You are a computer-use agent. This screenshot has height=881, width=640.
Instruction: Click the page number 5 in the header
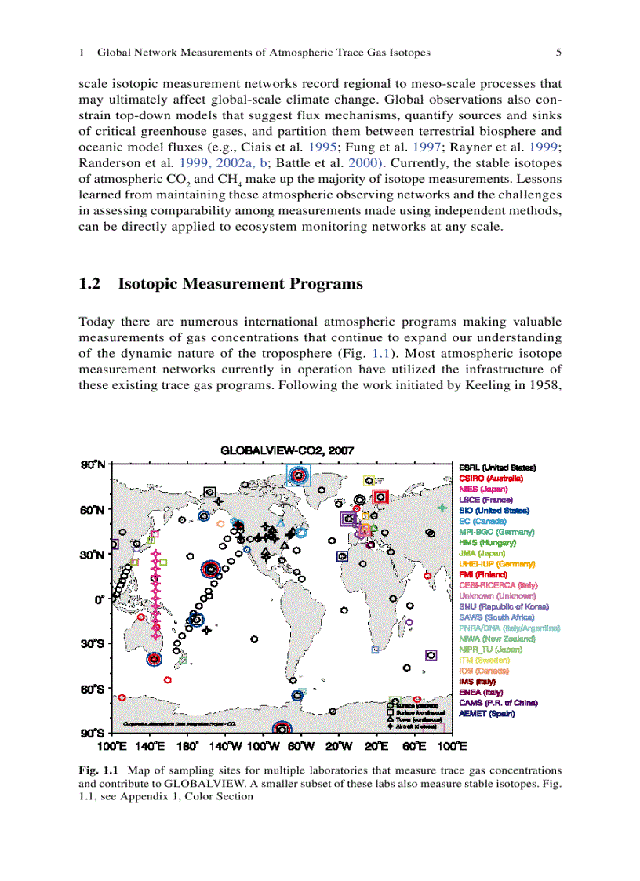click(x=558, y=53)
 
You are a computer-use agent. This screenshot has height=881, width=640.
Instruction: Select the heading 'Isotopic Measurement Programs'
click(x=240, y=284)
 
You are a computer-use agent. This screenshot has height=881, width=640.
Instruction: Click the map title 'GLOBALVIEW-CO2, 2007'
click(x=288, y=451)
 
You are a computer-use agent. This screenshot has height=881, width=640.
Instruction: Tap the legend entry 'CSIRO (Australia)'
click(x=491, y=478)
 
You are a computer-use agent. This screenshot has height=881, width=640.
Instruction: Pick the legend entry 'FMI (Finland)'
click(x=487, y=574)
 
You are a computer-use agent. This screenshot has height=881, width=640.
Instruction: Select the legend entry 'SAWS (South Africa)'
click(x=497, y=617)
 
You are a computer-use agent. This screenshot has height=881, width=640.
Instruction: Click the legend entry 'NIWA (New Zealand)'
click(x=496, y=639)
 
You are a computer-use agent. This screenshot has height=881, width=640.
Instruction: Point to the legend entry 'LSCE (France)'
click(x=485, y=500)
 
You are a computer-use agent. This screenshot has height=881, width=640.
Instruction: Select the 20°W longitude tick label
click(x=340, y=746)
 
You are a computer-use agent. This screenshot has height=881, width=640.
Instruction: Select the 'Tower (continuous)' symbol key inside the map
click(x=416, y=719)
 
